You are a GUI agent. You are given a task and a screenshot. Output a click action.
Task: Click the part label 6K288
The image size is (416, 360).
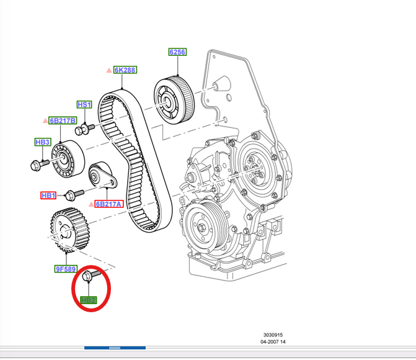[x=125, y=70]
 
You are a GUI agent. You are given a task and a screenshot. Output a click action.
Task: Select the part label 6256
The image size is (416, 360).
[x=177, y=52]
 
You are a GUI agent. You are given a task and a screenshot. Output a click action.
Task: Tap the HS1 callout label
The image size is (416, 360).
[x=84, y=104]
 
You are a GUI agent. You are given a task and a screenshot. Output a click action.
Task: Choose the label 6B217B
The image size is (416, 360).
[x=63, y=120]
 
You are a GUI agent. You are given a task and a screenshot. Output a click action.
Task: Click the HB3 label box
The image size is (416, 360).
[x=42, y=142]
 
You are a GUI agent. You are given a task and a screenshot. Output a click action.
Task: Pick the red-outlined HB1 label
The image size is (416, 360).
[x=48, y=196]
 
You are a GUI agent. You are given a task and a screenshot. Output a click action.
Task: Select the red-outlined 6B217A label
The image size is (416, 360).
[x=109, y=204]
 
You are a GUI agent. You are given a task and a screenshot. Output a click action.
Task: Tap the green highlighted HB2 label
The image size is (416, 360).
[x=89, y=300]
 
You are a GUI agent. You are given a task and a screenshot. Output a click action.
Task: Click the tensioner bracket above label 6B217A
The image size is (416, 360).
[x=101, y=176]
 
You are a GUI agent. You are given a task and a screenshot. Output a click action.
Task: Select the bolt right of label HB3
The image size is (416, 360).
[x=38, y=164]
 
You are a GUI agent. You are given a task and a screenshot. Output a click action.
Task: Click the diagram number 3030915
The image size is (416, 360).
[x=272, y=335]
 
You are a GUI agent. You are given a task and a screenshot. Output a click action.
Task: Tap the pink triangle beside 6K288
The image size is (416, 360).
[x=109, y=71]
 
